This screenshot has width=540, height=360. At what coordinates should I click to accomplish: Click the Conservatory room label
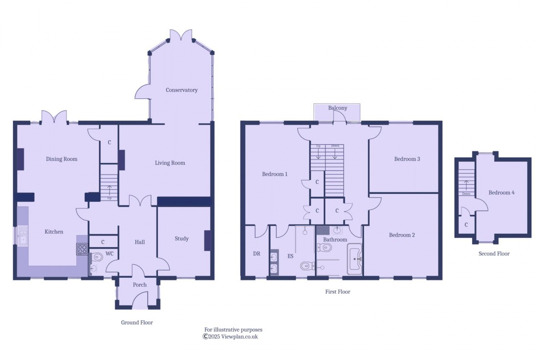[181, 90]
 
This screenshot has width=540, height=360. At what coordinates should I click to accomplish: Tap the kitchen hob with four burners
[82, 249]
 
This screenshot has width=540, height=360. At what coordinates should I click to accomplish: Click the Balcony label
[337, 108]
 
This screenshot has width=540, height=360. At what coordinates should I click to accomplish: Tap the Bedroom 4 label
[501, 193]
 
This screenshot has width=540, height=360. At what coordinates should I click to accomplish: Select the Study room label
[181, 239]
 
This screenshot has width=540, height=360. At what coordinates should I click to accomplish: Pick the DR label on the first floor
[256, 254]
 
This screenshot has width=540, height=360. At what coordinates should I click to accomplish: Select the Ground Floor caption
[137, 323]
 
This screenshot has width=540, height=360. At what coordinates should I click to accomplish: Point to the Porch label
[139, 285]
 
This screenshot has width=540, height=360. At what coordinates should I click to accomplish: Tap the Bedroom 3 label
[407, 159]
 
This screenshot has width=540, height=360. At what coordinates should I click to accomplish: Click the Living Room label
[170, 163]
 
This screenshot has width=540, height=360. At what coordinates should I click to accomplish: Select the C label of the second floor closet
[466, 225]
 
